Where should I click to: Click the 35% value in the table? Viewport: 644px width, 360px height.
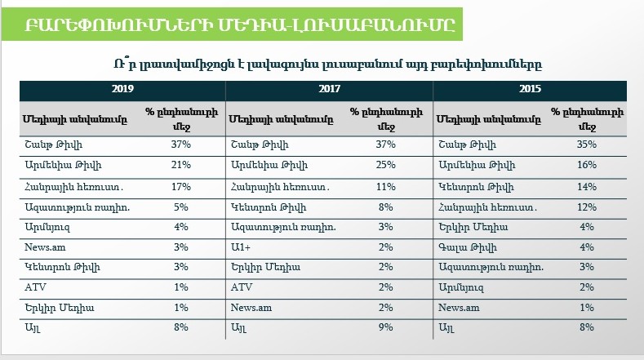click(586, 144)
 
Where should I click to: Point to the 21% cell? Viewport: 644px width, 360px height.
click(180, 165)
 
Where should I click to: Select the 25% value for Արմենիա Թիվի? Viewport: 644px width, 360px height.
click(385, 165)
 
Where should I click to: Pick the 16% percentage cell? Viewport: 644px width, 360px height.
click(586, 165)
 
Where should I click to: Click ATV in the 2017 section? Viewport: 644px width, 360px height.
click(242, 287)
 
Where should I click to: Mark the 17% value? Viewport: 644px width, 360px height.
click(180, 185)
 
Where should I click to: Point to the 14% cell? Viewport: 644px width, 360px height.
click(586, 185)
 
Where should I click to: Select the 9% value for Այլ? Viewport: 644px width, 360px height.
click(385, 327)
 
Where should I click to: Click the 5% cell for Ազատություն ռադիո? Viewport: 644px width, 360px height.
click(180, 206)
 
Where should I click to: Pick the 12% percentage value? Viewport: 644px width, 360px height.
click(586, 206)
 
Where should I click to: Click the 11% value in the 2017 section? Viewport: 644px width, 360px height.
click(385, 185)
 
